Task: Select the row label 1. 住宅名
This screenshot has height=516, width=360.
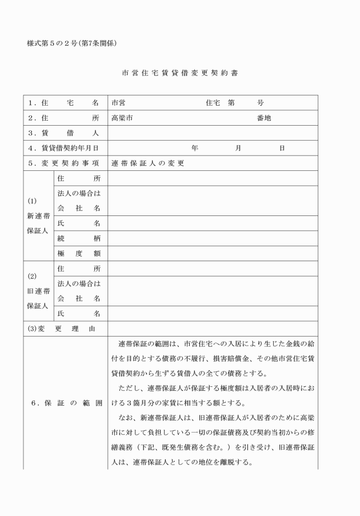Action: tap(63, 103)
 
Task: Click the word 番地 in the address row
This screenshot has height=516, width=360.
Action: tap(263, 118)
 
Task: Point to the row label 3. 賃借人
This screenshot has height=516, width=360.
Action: tap(63, 133)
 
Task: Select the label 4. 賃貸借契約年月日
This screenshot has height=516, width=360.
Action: tap(63, 148)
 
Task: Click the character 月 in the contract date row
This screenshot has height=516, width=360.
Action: tap(238, 148)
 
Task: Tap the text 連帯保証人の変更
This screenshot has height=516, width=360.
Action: tap(148, 163)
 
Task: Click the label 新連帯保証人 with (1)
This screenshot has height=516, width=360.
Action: tap(38, 216)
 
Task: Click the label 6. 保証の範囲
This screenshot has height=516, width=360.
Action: tap(66, 403)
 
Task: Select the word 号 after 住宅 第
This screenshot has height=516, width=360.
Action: tap(260, 103)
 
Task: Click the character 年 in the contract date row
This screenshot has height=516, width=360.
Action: tap(195, 148)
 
